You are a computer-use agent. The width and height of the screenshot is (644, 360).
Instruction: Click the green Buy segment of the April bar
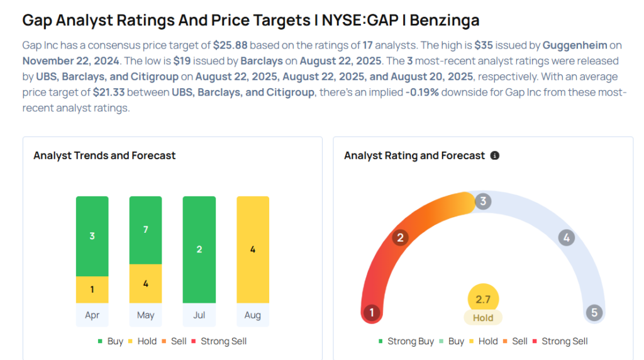[92, 236]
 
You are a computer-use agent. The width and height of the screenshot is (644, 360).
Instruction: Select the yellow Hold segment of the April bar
[92, 290]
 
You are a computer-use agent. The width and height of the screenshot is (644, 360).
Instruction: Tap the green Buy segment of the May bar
[145, 230]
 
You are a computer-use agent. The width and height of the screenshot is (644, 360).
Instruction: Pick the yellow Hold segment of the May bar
[145, 283]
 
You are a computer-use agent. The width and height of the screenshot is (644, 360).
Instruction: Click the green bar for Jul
[199, 249]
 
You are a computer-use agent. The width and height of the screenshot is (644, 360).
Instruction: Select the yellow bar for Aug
[252, 249]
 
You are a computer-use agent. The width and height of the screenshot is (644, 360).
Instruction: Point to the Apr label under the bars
[92, 315]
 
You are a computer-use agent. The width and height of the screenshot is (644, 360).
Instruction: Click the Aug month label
[252, 315]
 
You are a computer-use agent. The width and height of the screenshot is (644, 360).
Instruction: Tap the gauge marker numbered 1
[372, 313]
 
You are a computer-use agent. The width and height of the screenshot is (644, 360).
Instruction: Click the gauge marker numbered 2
[399, 237]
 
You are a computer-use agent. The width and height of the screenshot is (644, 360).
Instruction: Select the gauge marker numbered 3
[483, 201]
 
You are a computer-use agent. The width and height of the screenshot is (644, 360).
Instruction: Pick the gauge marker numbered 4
[567, 237]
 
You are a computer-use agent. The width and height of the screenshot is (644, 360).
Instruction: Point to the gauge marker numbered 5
[594, 313]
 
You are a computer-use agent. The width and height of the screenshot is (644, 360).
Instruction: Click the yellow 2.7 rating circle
[483, 299]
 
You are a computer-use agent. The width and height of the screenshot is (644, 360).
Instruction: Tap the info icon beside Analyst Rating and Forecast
[495, 155]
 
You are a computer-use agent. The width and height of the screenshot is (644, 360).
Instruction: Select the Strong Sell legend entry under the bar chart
[223, 341]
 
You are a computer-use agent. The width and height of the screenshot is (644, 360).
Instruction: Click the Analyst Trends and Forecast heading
[104, 155]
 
